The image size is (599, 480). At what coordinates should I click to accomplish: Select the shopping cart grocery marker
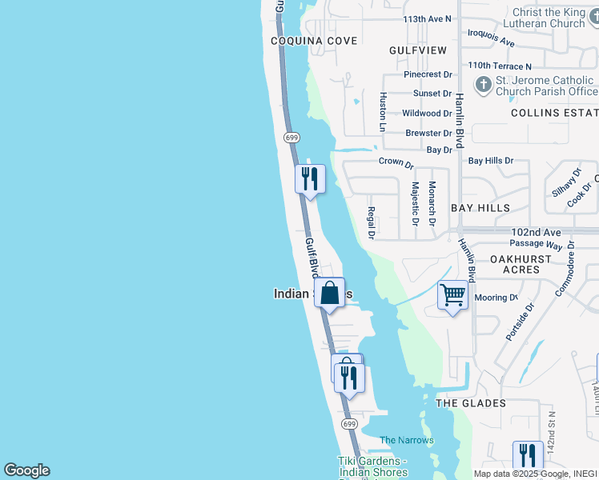pos(452,295)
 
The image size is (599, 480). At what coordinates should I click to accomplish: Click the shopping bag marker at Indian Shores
pos(329,293)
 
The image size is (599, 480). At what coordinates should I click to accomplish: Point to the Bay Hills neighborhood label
pos(480,208)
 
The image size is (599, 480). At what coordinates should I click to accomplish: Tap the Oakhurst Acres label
pos(521,265)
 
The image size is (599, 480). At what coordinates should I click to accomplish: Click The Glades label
pos(471,403)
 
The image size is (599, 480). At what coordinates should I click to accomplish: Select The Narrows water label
pos(407,440)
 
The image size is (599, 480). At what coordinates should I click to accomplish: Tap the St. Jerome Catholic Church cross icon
pos(483,84)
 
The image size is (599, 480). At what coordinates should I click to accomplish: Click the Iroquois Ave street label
pos(492,39)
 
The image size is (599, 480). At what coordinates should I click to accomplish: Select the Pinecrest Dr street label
pos(428,74)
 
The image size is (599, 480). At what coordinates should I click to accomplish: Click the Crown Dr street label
pos(396,162)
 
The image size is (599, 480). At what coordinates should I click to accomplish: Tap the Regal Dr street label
pos(371,222)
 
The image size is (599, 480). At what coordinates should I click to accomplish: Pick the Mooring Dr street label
pos(496,298)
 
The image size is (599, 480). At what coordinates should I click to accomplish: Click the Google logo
pos(26,470)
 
